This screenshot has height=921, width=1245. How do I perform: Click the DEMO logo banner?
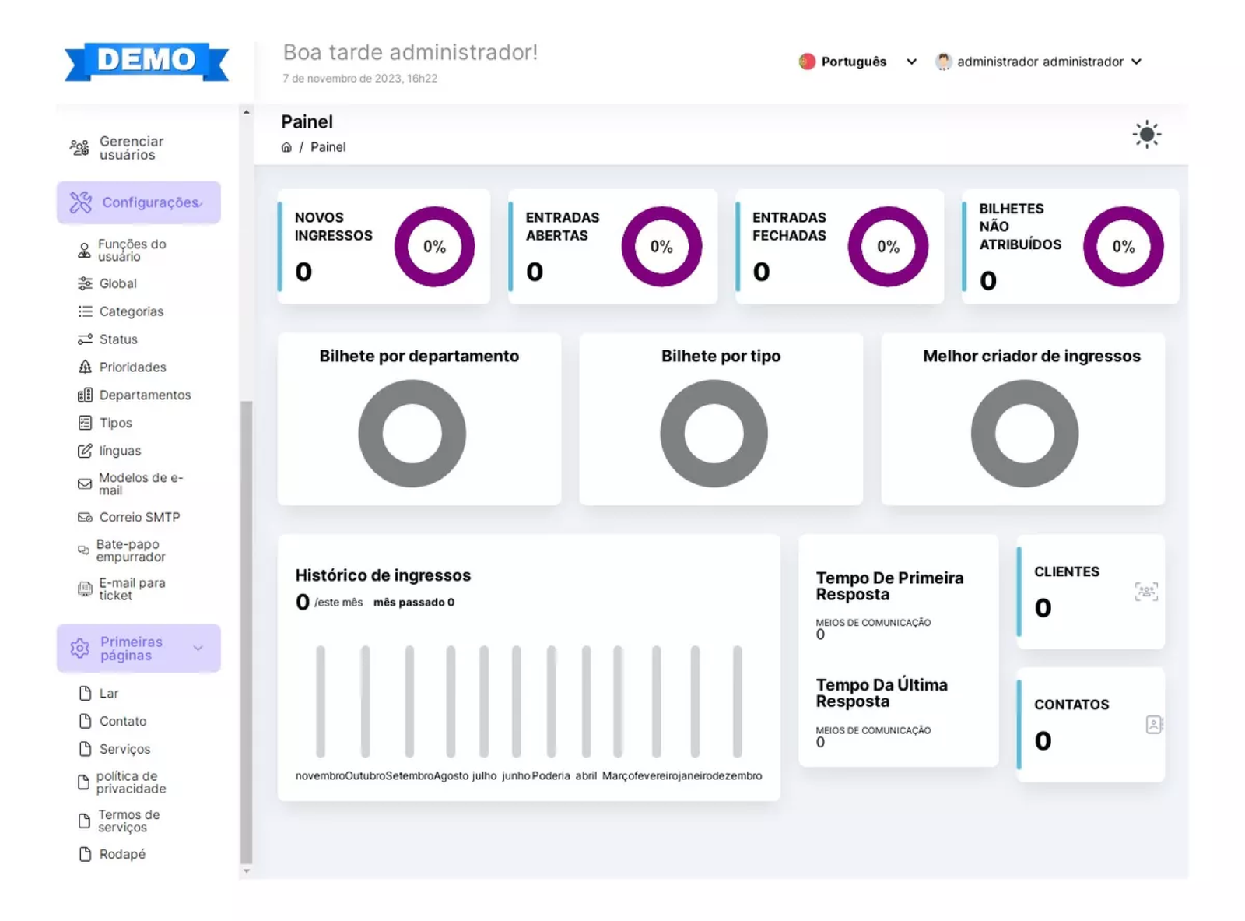click(x=146, y=61)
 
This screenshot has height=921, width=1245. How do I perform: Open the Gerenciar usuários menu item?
click(x=131, y=148)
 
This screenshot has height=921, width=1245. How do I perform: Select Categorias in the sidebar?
click(x=131, y=311)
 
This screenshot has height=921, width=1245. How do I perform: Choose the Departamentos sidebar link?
click(x=145, y=395)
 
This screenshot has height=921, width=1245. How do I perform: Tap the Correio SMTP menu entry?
click(x=139, y=517)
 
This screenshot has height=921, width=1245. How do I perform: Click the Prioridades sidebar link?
click(x=132, y=367)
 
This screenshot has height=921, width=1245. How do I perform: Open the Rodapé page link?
click(x=122, y=854)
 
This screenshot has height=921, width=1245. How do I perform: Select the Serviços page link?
click(x=124, y=749)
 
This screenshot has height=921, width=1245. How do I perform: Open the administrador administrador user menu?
click(x=1040, y=62)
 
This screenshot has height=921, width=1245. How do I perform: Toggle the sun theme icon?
click(x=1146, y=134)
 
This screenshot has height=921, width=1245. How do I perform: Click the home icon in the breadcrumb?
click(x=286, y=147)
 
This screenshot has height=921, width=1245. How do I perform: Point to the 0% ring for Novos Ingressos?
click(x=434, y=247)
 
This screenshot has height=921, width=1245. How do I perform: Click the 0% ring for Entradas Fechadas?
click(x=888, y=247)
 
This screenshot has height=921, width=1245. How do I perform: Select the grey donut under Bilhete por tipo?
click(x=714, y=434)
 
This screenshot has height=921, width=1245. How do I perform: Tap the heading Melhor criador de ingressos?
click(x=1031, y=356)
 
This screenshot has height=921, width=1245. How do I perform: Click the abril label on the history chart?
click(x=586, y=775)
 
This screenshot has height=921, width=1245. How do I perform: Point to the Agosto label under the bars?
click(x=451, y=775)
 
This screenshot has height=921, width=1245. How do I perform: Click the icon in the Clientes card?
click(x=1145, y=592)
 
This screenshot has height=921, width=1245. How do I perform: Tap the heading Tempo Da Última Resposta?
click(x=882, y=693)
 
